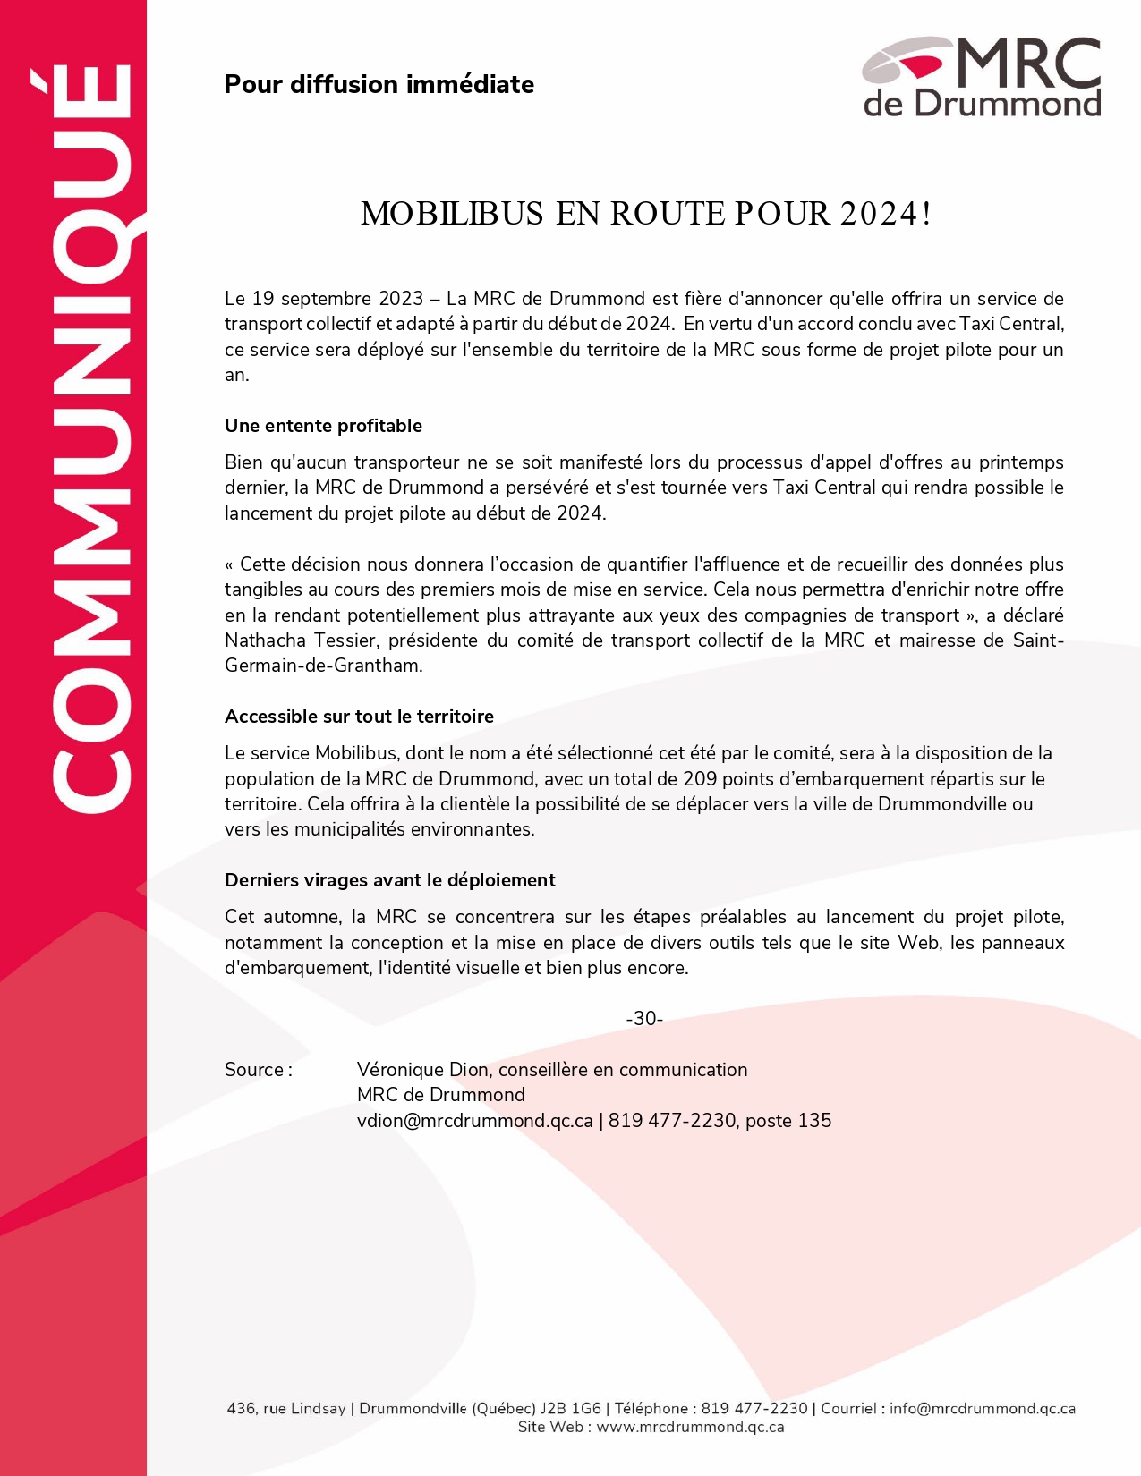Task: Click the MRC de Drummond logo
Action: pos(981,78)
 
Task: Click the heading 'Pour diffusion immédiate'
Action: pos(379,85)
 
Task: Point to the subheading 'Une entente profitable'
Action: pos(323,426)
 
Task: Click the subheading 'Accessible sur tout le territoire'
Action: pos(359,717)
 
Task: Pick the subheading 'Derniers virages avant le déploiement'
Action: pos(389,880)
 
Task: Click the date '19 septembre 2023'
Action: pos(337,299)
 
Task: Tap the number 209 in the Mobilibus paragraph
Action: pos(700,779)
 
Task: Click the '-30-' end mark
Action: pos(644,1019)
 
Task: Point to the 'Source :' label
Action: pos(258,1070)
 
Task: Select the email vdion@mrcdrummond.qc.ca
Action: pos(474,1121)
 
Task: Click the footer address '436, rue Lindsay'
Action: pos(285,1409)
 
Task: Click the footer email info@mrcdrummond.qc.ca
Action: pos(982,1409)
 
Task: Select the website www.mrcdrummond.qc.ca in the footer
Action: pos(690,1428)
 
